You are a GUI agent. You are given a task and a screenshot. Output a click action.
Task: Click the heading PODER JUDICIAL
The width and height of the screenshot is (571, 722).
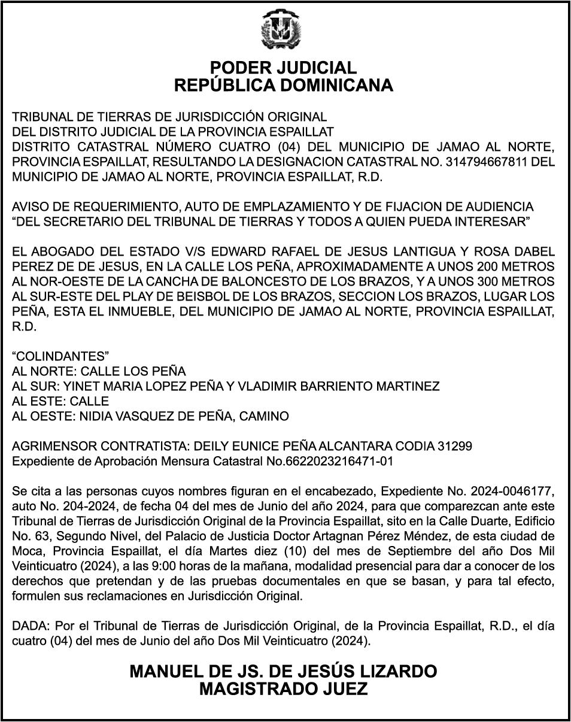[x=284, y=68]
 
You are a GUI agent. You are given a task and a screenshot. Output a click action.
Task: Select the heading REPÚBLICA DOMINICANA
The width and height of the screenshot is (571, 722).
[x=284, y=86]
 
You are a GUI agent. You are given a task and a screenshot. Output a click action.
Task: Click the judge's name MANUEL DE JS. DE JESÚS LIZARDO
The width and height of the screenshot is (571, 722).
[x=284, y=671]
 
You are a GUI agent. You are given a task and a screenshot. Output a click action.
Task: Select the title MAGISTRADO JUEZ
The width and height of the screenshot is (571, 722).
[x=284, y=690]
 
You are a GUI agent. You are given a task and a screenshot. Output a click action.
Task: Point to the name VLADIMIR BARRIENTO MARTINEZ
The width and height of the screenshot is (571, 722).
[x=339, y=386]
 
